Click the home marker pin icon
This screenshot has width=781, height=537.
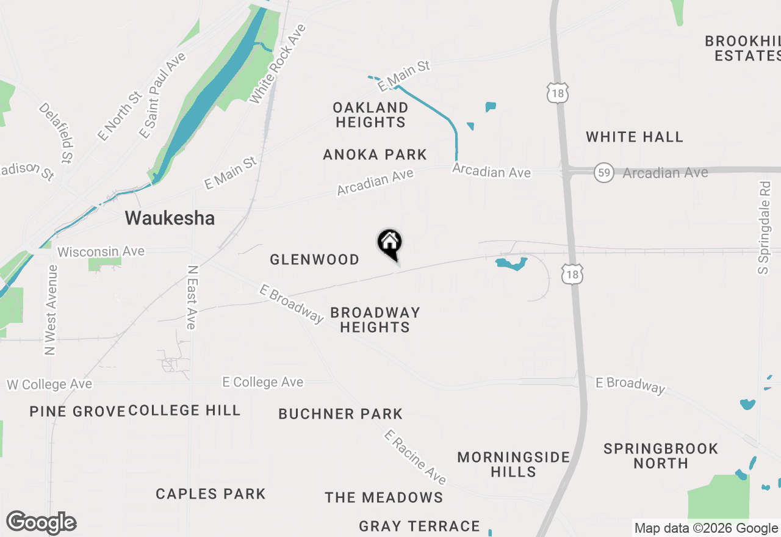click(389, 242)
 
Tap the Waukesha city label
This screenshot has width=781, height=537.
click(170, 218)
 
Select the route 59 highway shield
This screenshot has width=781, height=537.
click(603, 173)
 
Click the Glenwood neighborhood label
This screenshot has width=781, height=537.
click(314, 260)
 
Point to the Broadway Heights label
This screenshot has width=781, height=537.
click(375, 320)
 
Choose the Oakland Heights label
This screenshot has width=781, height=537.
click(370, 115)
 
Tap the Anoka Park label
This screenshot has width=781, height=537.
click(375, 154)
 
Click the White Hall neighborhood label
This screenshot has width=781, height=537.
click(635, 137)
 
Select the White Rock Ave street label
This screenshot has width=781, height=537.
click(278, 63)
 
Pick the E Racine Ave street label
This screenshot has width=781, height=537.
click(416, 457)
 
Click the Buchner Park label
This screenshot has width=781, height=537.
click(340, 414)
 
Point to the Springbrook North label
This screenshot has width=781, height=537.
click(661, 456)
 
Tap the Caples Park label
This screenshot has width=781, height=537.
click(211, 494)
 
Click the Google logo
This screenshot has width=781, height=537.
click(41, 523)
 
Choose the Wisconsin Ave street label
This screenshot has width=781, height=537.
click(101, 251)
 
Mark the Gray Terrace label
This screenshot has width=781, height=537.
click(419, 526)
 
